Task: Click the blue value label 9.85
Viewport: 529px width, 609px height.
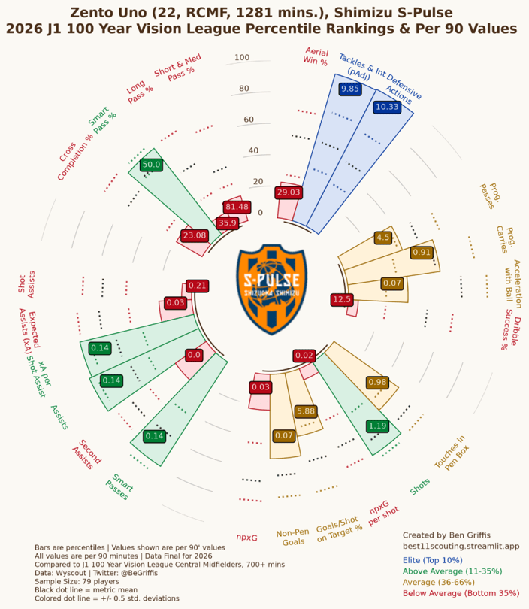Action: click(350, 89)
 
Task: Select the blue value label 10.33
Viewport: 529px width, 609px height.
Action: click(387, 107)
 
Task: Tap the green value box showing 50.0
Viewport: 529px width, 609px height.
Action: click(151, 165)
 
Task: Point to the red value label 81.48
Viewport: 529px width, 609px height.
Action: click(237, 207)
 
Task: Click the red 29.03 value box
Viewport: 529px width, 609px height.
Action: click(289, 192)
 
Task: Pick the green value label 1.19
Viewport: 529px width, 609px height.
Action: click(377, 426)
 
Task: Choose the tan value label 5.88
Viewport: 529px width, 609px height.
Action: click(306, 411)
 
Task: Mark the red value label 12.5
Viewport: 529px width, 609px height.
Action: click(342, 299)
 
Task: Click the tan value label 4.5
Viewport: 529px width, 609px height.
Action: click(383, 238)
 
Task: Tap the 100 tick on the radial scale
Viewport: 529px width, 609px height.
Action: click(242, 57)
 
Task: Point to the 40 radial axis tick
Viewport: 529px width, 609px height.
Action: click(253, 150)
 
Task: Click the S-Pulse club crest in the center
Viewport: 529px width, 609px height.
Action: click(272, 289)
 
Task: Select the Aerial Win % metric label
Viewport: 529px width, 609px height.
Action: click(316, 56)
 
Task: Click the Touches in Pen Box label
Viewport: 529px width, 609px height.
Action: click(452, 453)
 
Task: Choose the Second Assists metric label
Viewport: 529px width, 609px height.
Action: click(86, 455)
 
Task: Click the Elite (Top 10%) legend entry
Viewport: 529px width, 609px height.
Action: click(432, 560)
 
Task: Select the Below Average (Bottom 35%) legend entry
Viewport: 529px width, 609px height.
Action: click(461, 593)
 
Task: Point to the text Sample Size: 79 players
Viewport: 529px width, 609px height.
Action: click(77, 581)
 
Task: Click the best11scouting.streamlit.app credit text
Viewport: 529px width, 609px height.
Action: click(461, 546)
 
